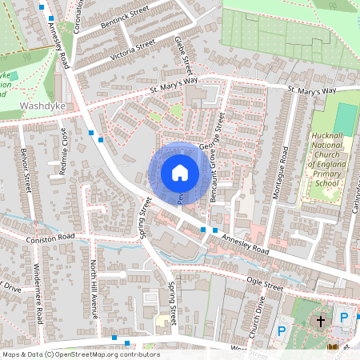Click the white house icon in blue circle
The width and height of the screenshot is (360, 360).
(x=179, y=172)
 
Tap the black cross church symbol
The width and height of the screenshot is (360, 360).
(x=321, y=322)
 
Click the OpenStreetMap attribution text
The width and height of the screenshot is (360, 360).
(x=81, y=354)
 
